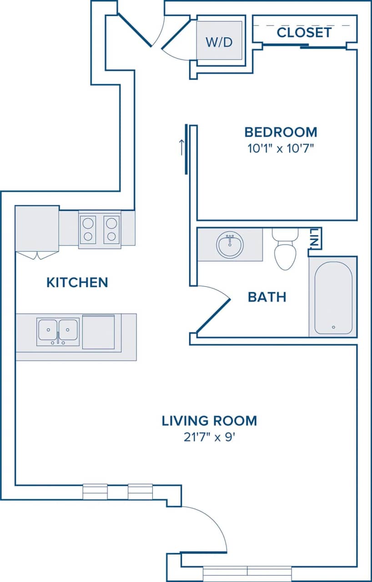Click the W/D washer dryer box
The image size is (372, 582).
click(219, 40)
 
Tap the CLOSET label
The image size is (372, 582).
click(304, 33)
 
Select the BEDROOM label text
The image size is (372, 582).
click(281, 132)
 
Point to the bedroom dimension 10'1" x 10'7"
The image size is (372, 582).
click(280, 148)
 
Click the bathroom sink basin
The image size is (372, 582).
click(230, 245)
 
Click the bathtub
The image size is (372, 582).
click(333, 298)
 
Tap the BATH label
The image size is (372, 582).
click(267, 297)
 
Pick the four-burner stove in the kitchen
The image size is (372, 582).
click(100, 230)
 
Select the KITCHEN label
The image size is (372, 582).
click(77, 282)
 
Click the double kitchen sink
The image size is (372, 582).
click(58, 331)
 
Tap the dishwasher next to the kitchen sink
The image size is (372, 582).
click(98, 332)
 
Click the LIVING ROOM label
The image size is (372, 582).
click(209, 421)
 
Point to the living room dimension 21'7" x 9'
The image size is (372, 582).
click(209, 437)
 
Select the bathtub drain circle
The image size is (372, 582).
click(333, 327)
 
